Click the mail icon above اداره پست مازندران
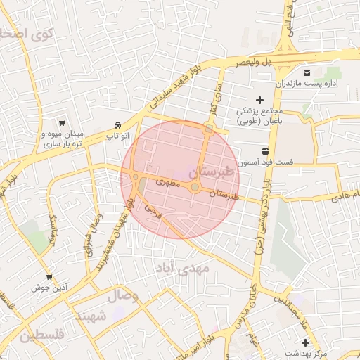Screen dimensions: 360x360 [307, 72]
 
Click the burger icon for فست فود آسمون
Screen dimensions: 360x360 [266, 151]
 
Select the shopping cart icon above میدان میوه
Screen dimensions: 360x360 [63, 122]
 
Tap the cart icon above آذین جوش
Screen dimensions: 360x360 [49, 277]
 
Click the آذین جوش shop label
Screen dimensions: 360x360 [49, 288]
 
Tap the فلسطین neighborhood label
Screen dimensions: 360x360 [41, 335]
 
